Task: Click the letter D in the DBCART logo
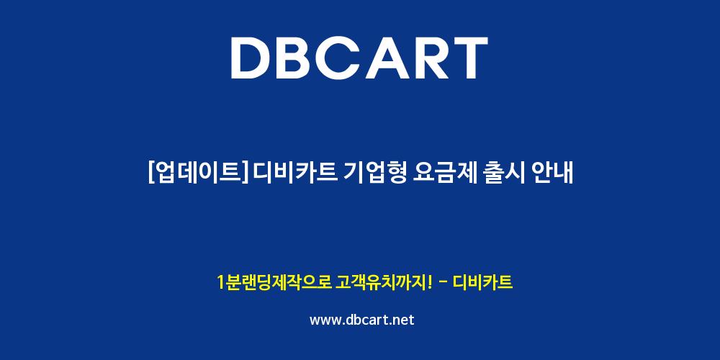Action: point(251,58)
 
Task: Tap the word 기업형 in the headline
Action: point(374,174)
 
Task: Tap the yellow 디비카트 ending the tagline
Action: point(482,282)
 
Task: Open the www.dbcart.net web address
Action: point(362,320)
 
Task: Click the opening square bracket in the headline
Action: point(151,174)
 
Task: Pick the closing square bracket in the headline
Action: point(248,174)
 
